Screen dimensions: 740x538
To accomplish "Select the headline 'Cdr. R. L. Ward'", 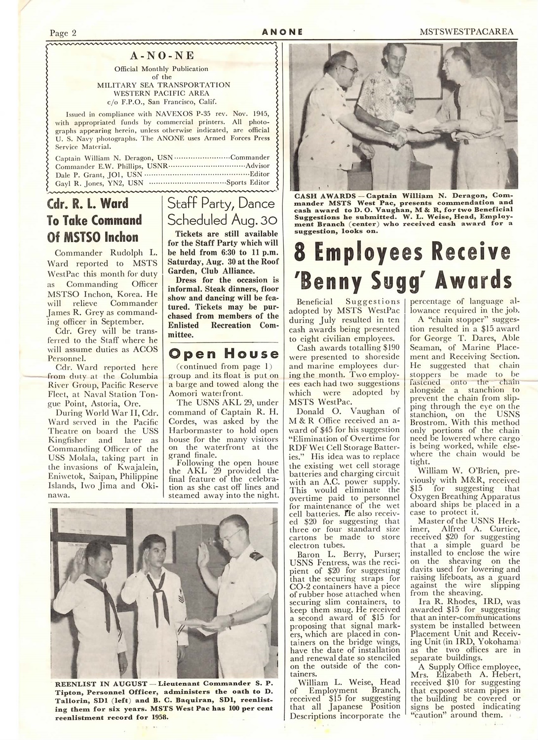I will (87, 204).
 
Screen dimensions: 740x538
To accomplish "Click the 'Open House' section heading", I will (224, 354).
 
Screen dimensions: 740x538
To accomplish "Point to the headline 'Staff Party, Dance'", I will (221, 203).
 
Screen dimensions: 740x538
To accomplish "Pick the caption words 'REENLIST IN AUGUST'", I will (98, 683).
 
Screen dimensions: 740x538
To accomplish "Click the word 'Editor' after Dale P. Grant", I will (260, 174).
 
